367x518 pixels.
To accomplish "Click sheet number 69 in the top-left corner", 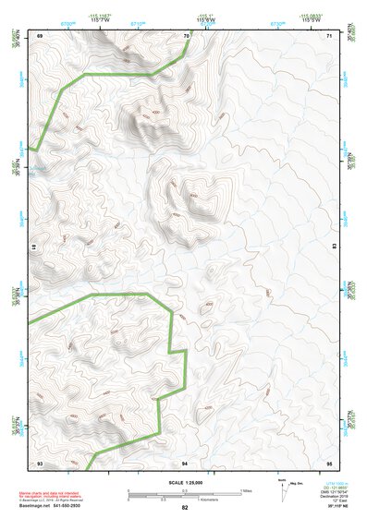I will tap(40, 36).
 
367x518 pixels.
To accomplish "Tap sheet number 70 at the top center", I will tap(186, 36).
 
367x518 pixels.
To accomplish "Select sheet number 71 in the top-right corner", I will tap(329, 36).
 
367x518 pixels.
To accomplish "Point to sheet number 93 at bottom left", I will tap(40, 462).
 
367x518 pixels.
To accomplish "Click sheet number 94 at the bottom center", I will tap(185, 462).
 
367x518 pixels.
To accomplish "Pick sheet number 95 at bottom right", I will tap(329, 462).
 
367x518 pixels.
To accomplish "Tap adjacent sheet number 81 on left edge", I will tap(32, 247).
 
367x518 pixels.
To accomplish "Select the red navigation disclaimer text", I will tap(53, 497).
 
